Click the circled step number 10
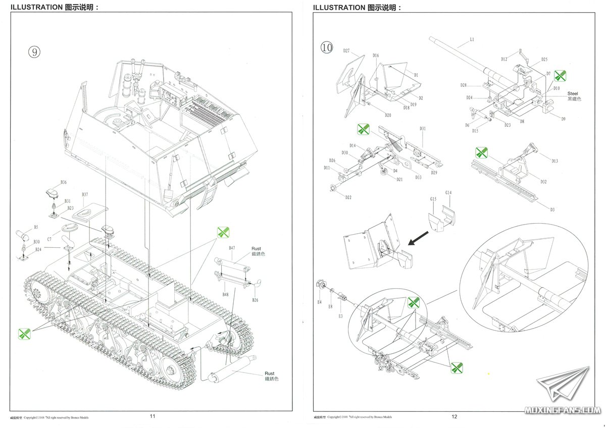click(x=327, y=47)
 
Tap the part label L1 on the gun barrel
click(x=472, y=39)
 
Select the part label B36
click(x=64, y=182)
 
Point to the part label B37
click(x=85, y=194)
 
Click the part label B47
click(x=232, y=248)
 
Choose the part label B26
click(x=255, y=300)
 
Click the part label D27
click(x=346, y=50)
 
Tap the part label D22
click(x=348, y=197)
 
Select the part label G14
click(x=448, y=192)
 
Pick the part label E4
click(x=319, y=302)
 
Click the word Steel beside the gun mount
click(x=572, y=93)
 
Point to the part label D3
click(x=552, y=209)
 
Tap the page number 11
click(x=153, y=416)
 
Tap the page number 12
click(x=454, y=416)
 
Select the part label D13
click(x=555, y=161)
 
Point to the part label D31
click(x=422, y=129)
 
